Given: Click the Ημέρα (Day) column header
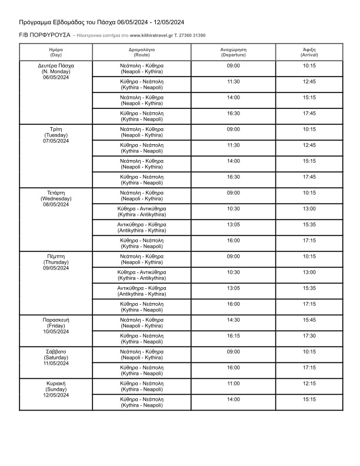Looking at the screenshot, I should [56, 52].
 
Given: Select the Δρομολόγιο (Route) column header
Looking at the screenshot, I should [142, 52].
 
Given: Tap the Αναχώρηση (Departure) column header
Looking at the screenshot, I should [234, 52].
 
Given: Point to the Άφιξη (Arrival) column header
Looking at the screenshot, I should [309, 52].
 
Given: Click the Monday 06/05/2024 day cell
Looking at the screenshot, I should [56, 71].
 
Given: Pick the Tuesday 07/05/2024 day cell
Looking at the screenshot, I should [56, 135].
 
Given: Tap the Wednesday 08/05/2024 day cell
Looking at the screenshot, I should [56, 198].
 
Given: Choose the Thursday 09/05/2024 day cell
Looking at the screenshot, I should [56, 262].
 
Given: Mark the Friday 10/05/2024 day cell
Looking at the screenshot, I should [56, 325].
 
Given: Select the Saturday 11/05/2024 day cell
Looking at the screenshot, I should [56, 357].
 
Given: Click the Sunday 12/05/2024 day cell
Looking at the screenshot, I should [56, 389].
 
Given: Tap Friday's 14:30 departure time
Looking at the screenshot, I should [234, 320].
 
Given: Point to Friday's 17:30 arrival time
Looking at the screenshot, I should [309, 336].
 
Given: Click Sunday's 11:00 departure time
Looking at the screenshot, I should [234, 384].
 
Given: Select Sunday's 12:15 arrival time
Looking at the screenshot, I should [309, 384].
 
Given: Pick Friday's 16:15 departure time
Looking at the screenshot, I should [234, 336].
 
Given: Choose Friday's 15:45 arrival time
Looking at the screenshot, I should [309, 320].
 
